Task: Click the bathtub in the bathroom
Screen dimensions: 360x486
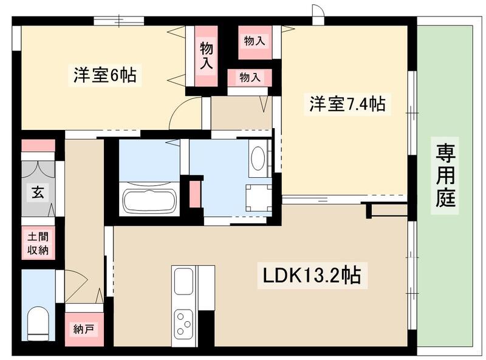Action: [149, 201]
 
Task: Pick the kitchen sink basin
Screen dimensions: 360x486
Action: [183, 281]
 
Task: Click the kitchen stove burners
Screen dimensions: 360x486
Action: [183, 322]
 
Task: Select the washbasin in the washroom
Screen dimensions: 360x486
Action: [258, 159]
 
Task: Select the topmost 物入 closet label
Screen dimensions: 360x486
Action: [255, 41]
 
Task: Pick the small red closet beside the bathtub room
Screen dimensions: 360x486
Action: [195, 193]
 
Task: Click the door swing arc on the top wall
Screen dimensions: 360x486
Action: [318, 12]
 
